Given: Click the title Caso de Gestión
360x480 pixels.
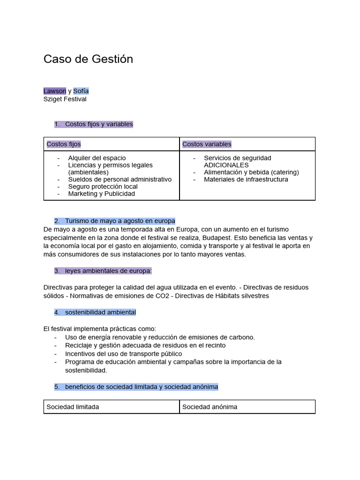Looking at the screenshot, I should (x=88, y=59).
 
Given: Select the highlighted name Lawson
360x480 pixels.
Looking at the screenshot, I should (x=54, y=91).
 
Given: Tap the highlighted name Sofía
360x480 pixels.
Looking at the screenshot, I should (x=81, y=91).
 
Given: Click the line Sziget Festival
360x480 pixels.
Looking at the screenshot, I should (x=65, y=99).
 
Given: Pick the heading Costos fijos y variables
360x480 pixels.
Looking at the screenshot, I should (x=99, y=124).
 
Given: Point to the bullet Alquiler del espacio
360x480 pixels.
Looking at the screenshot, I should (x=97, y=158).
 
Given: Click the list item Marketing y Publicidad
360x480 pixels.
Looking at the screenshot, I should (x=101, y=194).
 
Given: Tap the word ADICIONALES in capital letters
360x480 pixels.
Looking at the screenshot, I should (x=226, y=165).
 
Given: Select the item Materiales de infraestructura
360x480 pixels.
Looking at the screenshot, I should (x=246, y=179).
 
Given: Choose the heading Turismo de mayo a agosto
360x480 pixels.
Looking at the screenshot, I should (x=120, y=221).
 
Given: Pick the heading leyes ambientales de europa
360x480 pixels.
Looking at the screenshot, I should (x=108, y=271).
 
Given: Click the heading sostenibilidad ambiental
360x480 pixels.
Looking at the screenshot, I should (x=100, y=312).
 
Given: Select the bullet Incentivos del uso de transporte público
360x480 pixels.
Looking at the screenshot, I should (x=123, y=353).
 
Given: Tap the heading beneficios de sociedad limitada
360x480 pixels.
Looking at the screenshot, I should (x=141, y=387).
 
